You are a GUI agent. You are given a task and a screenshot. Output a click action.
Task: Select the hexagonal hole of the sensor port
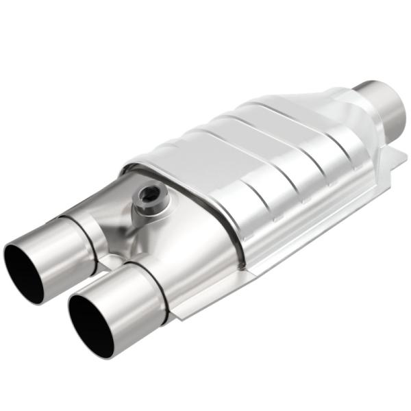(145, 199)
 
